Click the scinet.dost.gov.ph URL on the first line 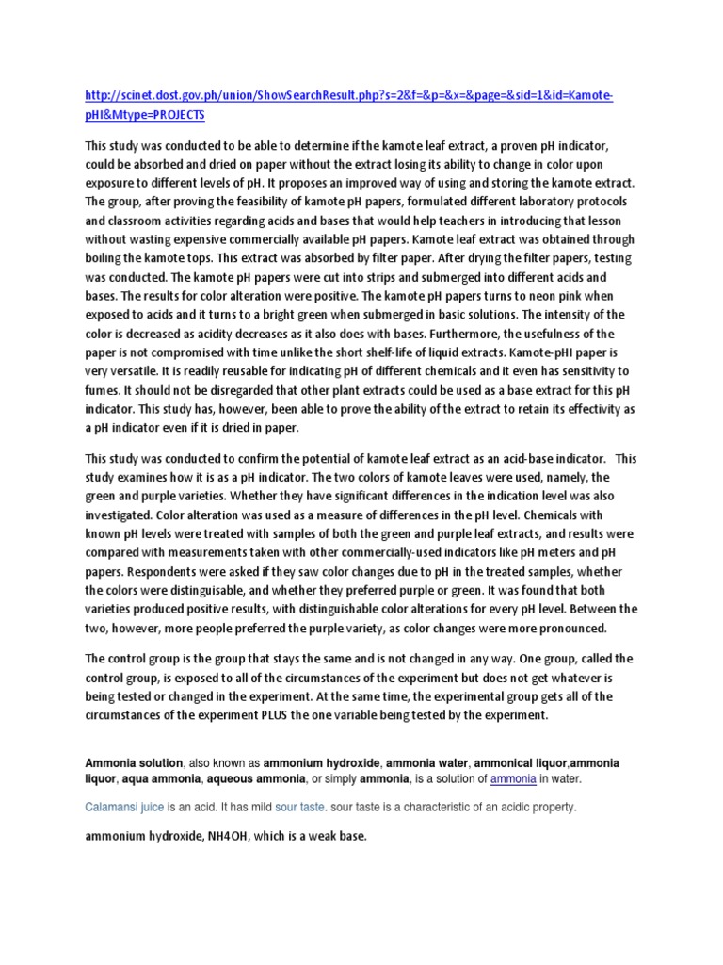(x=348, y=96)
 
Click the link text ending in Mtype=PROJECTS (x=145, y=114)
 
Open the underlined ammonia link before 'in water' (x=513, y=779)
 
